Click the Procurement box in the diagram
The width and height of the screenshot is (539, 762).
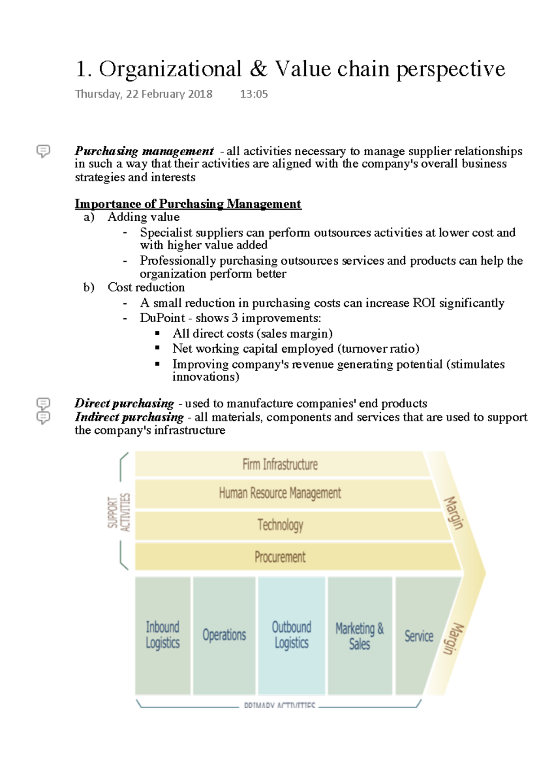pyautogui.click(x=280, y=557)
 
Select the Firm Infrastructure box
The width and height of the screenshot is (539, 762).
pyautogui.click(x=280, y=464)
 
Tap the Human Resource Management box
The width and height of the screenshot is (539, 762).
pyautogui.click(x=280, y=493)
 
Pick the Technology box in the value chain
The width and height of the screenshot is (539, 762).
pyautogui.click(x=280, y=525)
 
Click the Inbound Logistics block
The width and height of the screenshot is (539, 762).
pyautogui.click(x=163, y=635)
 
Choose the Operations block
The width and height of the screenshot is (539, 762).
pyautogui.click(x=224, y=635)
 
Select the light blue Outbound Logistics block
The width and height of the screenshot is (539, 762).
pyautogui.click(x=292, y=635)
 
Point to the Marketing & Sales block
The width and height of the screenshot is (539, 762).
pyautogui.click(x=360, y=635)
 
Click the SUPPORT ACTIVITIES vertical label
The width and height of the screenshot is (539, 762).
pyautogui.click(x=119, y=512)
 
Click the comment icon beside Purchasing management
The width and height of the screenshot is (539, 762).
pyautogui.click(x=43, y=151)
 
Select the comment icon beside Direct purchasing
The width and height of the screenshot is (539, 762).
pyautogui.click(x=43, y=403)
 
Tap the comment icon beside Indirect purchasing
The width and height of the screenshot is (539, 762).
pyautogui.click(x=43, y=418)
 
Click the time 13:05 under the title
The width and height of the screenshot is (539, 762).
pyautogui.click(x=254, y=94)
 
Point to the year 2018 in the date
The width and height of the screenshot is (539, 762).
pyautogui.click(x=200, y=94)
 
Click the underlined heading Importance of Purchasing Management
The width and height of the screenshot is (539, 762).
pyautogui.click(x=188, y=204)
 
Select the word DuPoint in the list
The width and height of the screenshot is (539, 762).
pyautogui.click(x=162, y=318)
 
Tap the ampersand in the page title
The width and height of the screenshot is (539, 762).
pyautogui.click(x=258, y=69)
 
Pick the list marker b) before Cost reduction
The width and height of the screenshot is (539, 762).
pyautogui.click(x=89, y=287)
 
